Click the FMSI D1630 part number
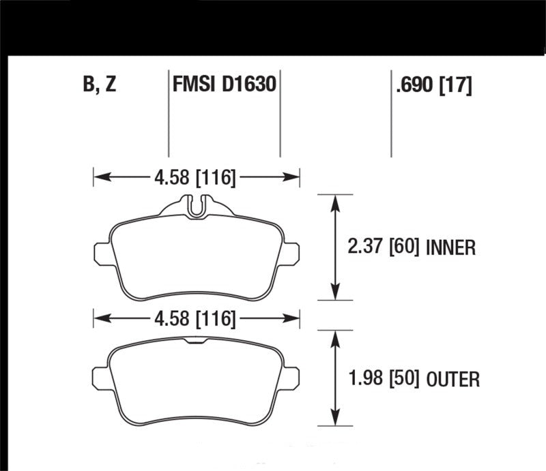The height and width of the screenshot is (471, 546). point(224,86)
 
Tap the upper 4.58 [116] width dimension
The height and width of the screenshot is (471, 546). point(195,179)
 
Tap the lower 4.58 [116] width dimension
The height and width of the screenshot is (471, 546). point(195,318)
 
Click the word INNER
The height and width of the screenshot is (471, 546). point(450,247)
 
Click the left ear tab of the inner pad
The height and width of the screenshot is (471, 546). point(101,252)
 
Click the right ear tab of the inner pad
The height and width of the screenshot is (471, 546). point(291,252)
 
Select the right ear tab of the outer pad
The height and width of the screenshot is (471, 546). point(291,377)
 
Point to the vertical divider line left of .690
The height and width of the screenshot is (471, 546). point(391,113)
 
